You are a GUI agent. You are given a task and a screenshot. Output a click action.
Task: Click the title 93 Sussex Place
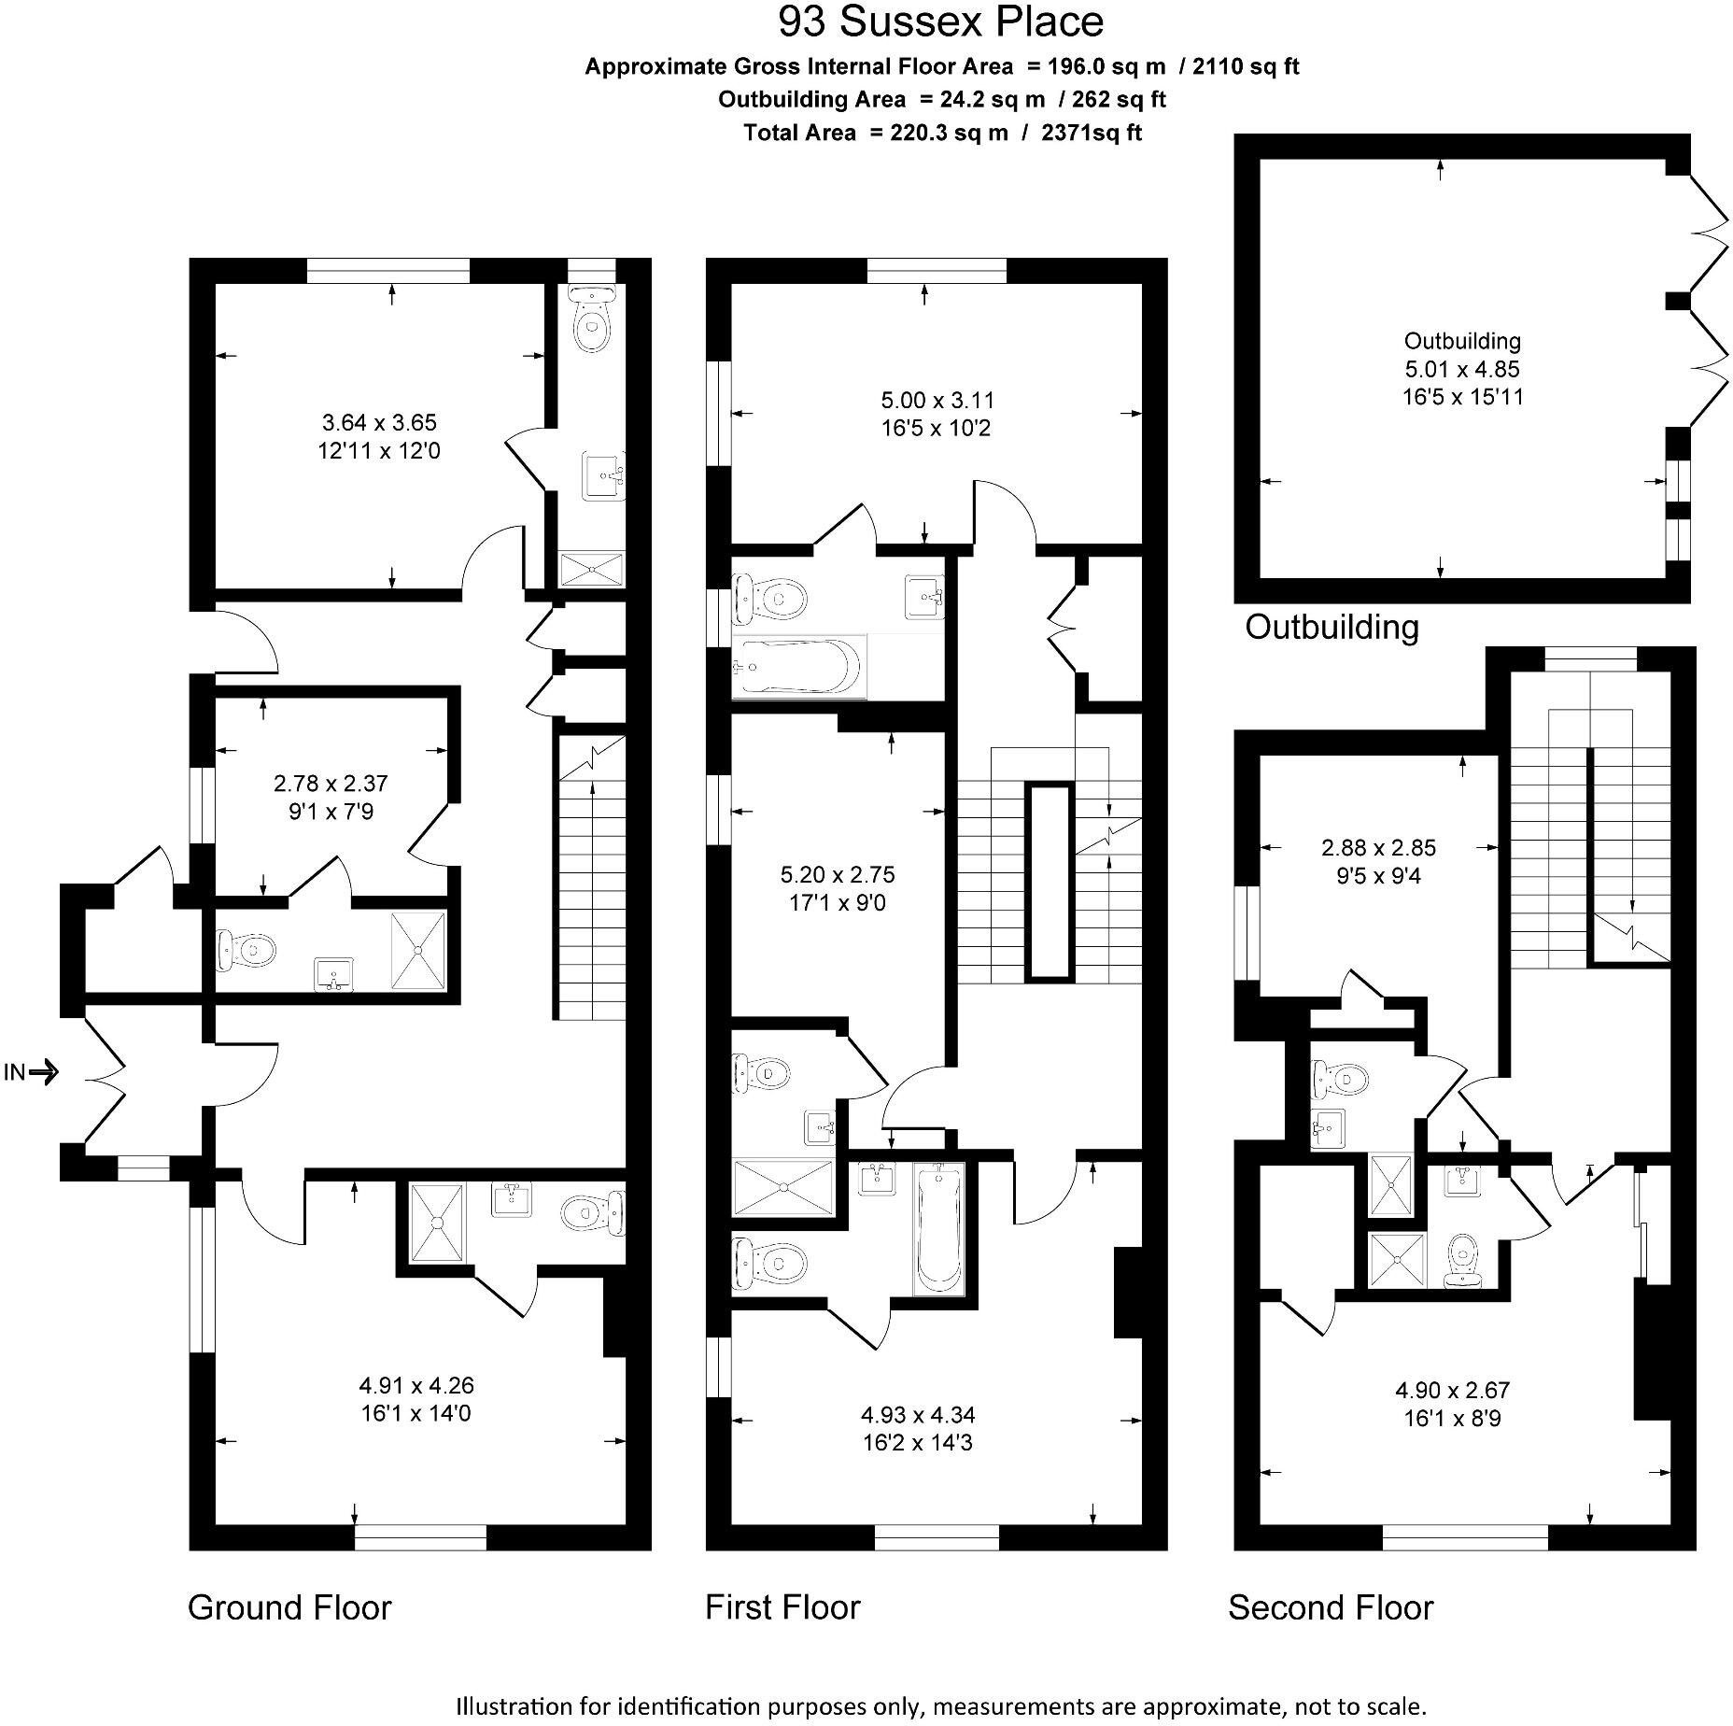pos(940,22)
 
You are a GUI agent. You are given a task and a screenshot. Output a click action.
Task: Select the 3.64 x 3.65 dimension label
pos(379,422)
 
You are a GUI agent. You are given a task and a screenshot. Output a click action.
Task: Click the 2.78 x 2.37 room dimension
pos(331,784)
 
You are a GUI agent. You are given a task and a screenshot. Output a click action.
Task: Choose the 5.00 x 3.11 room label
pos(937,401)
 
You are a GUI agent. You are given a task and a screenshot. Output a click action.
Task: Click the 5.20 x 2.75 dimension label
pos(838,875)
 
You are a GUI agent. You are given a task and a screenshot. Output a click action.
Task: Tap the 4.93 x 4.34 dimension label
pos(918,1415)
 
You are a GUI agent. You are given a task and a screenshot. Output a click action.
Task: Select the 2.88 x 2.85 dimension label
pos(1378,848)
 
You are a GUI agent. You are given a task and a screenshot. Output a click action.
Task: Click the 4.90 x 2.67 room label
pos(1452,1390)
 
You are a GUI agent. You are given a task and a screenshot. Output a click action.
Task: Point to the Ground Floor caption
pos(289,1607)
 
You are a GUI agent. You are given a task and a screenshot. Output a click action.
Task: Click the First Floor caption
pos(782,1607)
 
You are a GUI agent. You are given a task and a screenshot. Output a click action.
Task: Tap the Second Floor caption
pos(1331,1607)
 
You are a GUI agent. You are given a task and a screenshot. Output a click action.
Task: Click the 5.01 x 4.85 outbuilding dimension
pos(1462,369)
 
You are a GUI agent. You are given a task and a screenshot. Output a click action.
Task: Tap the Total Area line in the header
pos(942,133)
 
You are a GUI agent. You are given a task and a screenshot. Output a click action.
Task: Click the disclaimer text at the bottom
pos(941,1706)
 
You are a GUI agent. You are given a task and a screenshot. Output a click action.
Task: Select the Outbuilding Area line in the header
pos(941,99)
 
